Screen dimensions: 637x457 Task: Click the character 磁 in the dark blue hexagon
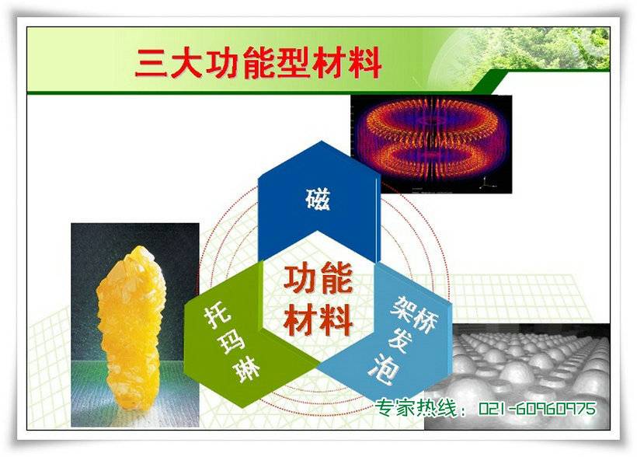318,199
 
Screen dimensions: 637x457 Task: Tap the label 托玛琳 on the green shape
231,344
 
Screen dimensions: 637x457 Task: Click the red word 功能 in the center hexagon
318,279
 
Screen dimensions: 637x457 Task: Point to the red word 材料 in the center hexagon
318,320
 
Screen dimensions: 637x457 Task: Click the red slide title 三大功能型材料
258,63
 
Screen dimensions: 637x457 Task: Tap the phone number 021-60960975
538,408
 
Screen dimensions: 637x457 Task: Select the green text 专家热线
416,408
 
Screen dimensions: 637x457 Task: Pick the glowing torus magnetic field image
431,144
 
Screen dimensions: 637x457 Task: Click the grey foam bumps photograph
517,376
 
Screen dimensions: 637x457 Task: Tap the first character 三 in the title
151,64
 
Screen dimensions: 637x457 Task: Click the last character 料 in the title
365,63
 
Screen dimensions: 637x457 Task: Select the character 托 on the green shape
218,317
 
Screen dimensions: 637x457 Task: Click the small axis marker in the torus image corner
485,184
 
